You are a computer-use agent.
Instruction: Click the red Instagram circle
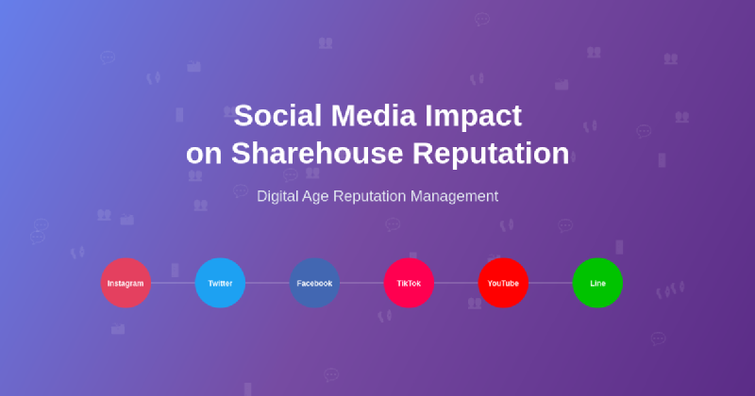tap(126, 283)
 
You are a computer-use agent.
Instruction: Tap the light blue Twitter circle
tap(220, 283)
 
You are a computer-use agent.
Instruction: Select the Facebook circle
tap(314, 283)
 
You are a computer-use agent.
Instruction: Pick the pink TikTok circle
tap(409, 283)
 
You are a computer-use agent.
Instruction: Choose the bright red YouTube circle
tap(503, 283)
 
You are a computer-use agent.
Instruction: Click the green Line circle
tap(597, 283)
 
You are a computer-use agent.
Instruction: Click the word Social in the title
tap(273, 116)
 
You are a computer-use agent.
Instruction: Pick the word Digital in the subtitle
tap(279, 196)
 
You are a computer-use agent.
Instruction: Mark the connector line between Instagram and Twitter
tap(173, 283)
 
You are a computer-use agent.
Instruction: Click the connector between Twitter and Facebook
tap(267, 283)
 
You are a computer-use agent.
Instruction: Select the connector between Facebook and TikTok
tap(361, 283)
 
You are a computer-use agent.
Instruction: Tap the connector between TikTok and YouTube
tap(456, 283)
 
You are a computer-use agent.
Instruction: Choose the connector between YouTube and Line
tap(550, 283)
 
